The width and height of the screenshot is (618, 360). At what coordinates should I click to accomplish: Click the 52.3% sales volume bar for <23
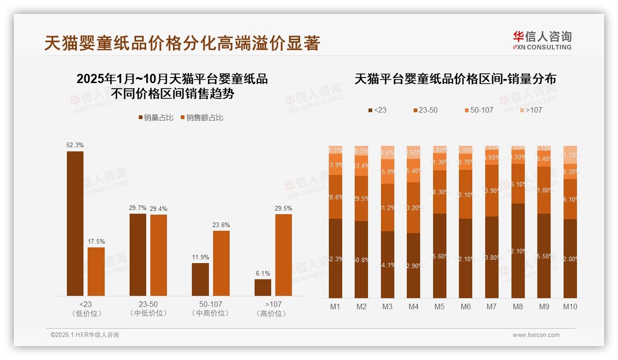tap(75, 223)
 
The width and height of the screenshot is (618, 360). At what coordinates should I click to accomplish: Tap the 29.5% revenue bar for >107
tap(284, 255)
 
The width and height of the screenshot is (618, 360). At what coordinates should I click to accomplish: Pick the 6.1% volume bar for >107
tap(263, 287)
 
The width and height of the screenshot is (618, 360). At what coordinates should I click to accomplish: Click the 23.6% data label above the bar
tap(221, 225)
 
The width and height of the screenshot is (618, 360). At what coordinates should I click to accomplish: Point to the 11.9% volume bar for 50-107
tap(200, 279)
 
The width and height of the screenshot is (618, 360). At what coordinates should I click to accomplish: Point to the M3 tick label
tap(387, 306)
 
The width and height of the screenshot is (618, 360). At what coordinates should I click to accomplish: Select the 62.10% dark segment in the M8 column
tap(518, 251)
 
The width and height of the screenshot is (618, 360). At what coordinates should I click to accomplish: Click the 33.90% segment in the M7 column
tap(492, 191)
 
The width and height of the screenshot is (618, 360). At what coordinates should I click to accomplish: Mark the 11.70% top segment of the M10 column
tap(570, 155)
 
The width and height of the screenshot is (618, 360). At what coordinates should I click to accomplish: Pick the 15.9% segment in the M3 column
tap(387, 172)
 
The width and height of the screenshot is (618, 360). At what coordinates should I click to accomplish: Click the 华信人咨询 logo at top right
tap(542, 40)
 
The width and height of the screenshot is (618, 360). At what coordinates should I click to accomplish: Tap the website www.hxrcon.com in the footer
tap(536, 335)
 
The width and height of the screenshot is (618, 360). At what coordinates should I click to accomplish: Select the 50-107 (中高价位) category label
tap(210, 309)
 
